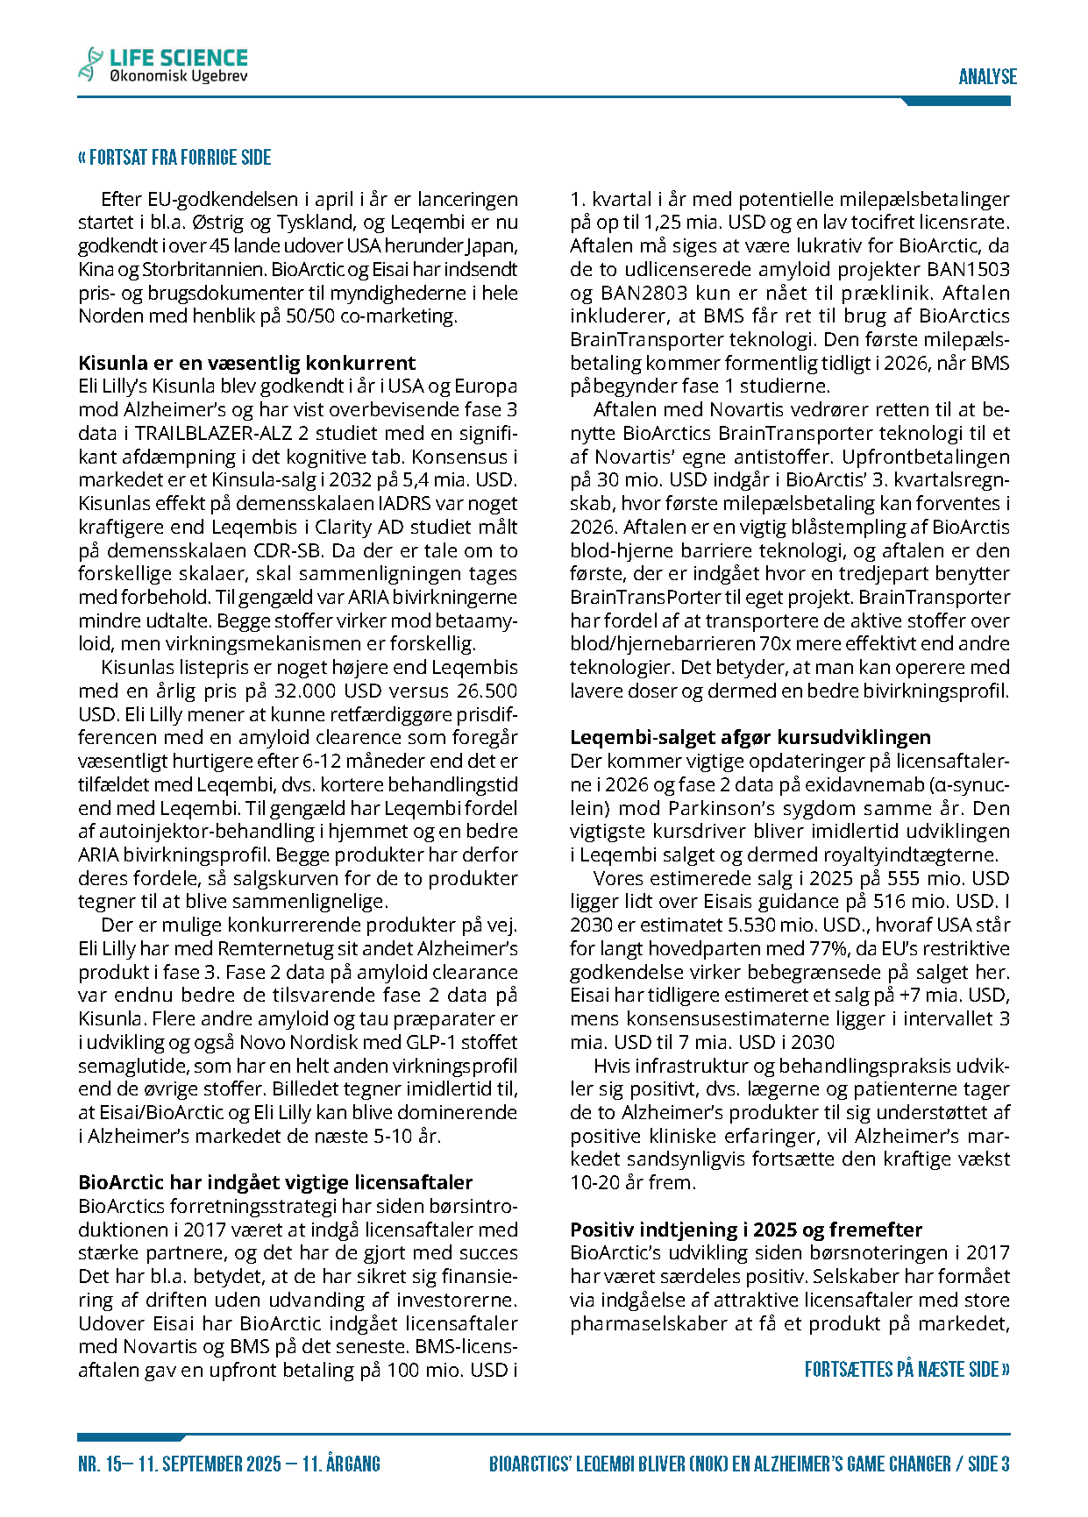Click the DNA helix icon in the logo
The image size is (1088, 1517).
[89, 64]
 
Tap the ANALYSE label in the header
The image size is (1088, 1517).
[987, 77]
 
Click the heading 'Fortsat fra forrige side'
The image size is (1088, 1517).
[174, 158]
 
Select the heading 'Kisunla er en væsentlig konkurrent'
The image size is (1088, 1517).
[246, 363]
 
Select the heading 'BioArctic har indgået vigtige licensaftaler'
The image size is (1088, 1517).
[275, 1182]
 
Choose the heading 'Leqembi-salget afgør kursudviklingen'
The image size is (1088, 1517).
[750, 737]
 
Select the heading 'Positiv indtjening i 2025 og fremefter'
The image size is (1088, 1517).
[746, 1229]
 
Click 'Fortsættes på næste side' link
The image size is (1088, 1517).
[907, 1369]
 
